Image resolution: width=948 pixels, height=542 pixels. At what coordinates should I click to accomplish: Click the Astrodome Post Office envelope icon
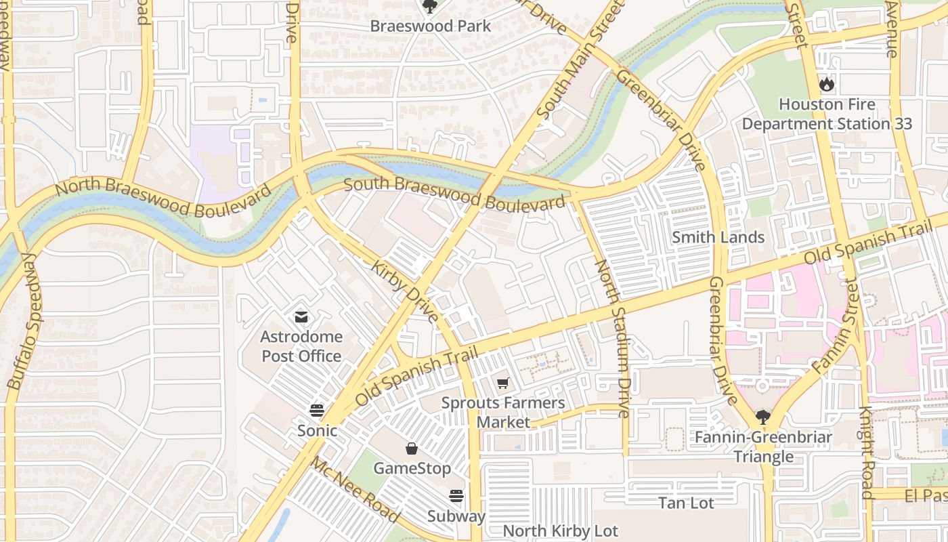(x=301, y=316)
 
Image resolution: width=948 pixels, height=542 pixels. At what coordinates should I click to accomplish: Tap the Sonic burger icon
(x=316, y=410)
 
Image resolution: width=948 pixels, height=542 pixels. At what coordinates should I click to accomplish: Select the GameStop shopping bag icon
(x=412, y=449)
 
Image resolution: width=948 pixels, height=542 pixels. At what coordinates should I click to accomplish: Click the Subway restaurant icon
(x=456, y=496)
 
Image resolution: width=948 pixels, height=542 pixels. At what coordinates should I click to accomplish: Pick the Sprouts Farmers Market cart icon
(x=502, y=383)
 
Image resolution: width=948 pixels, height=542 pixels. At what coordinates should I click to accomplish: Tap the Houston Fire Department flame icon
(x=826, y=84)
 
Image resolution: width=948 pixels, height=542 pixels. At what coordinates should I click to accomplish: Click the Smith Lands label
(x=718, y=237)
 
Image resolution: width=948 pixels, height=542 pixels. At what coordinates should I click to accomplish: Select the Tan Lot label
(x=686, y=503)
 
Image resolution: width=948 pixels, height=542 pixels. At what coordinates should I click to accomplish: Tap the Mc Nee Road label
(x=355, y=489)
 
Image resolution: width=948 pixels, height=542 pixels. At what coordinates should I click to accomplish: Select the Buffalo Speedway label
(x=26, y=321)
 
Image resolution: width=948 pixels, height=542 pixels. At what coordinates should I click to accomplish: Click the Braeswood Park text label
(x=430, y=26)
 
